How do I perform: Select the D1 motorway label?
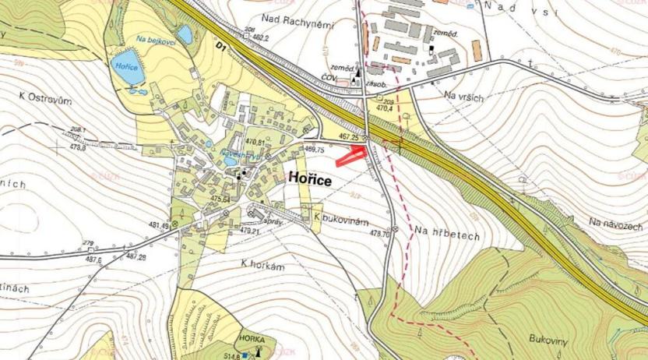(x=222, y=49)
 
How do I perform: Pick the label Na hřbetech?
(x=447, y=231)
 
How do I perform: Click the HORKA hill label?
(x=254, y=341)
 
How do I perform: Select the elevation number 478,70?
(x=379, y=233)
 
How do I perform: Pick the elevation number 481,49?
(x=160, y=226)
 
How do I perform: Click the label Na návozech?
(x=616, y=223)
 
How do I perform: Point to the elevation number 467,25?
(x=347, y=135)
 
